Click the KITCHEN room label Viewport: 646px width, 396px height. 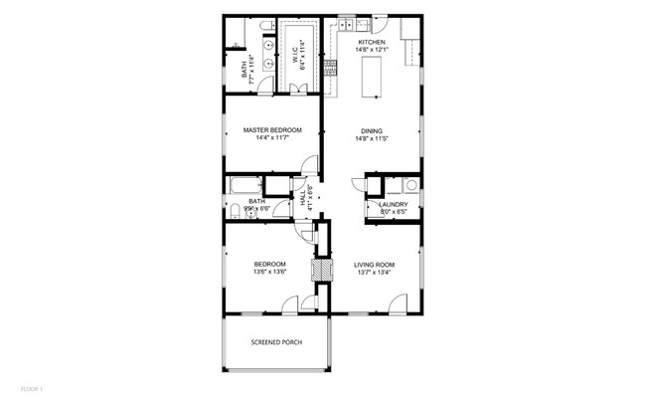tap(372, 42)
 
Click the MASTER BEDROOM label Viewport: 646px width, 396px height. tap(271, 130)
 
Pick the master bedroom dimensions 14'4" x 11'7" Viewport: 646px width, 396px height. tap(271, 139)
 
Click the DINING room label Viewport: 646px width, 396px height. tap(372, 130)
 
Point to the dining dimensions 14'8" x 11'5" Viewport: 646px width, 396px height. tap(372, 139)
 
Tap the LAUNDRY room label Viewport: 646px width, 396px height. tap(395, 204)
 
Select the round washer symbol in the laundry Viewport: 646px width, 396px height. tap(408, 185)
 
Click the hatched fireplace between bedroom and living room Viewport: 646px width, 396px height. tap(320, 270)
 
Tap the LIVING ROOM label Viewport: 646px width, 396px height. tap(373, 264)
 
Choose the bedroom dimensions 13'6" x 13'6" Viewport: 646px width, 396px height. tap(270, 272)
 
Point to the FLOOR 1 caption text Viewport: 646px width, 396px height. tap(32, 387)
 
